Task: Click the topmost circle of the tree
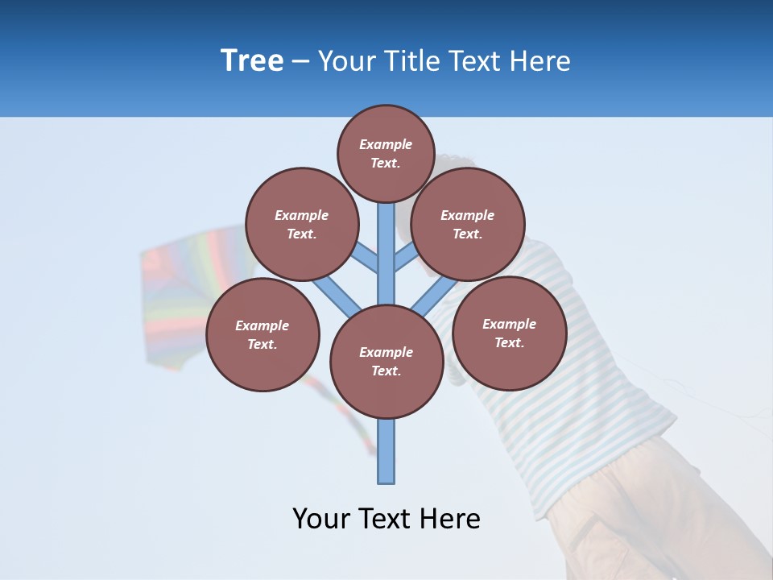386,153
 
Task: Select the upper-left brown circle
301,224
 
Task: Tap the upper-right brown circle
468,224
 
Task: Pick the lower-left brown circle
262,334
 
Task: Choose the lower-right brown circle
509,333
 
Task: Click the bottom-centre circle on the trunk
386,362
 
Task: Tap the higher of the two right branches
406,258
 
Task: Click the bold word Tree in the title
252,60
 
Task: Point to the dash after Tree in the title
300,61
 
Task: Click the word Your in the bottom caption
321,519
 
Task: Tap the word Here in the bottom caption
452,519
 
